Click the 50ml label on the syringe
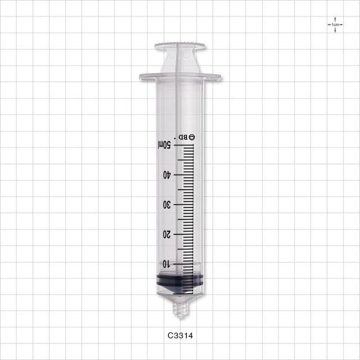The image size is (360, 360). pyautogui.click(x=164, y=145)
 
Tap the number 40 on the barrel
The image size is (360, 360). pyautogui.click(x=167, y=175)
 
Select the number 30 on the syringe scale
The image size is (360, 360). pyautogui.click(x=167, y=205)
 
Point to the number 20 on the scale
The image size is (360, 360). pyautogui.click(x=167, y=235)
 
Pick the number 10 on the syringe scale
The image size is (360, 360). pyautogui.click(x=166, y=264)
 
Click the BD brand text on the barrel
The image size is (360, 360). pyautogui.click(x=183, y=137)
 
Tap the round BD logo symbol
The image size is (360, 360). pyautogui.click(x=192, y=137)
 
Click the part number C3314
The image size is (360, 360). pyautogui.click(x=180, y=336)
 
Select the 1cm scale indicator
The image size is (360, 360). pyautogui.click(x=335, y=25)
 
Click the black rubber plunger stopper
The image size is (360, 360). pyautogui.click(x=180, y=283)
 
